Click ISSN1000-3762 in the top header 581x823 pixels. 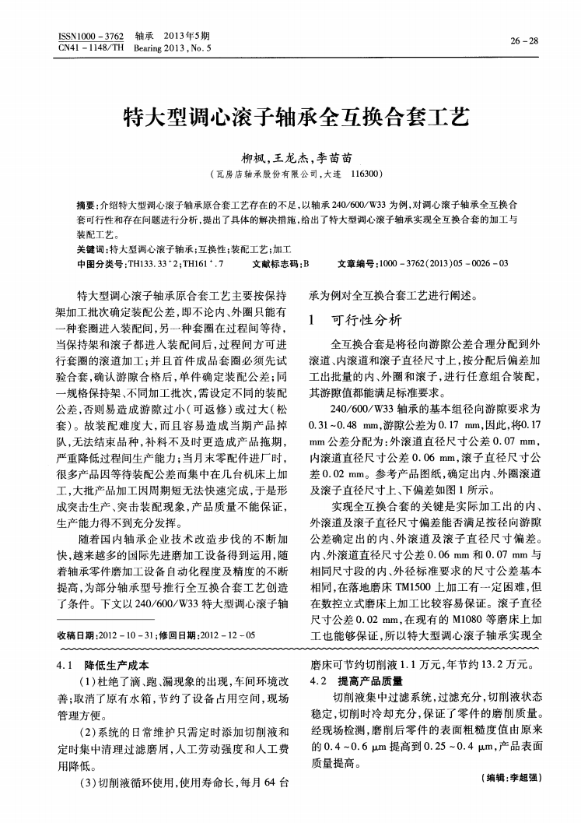[91, 36]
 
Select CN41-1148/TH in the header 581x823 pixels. [91, 47]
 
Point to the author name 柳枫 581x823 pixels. [254, 156]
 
